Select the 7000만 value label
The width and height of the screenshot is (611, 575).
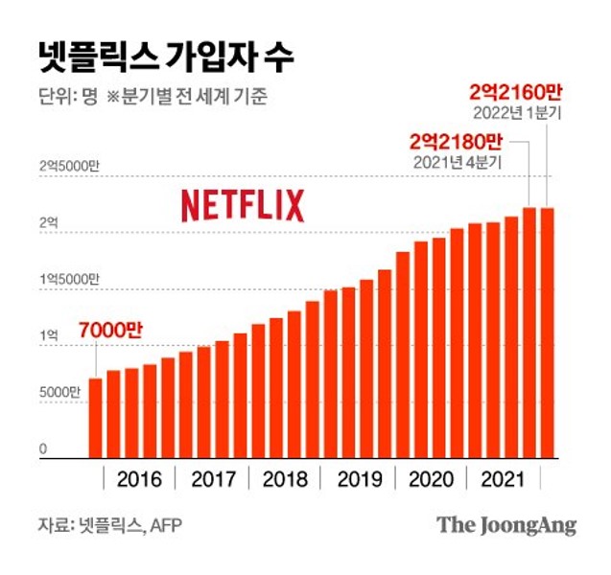pyautogui.click(x=110, y=330)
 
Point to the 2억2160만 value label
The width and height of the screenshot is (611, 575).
pyautogui.click(x=512, y=92)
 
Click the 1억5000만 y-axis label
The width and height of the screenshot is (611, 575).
pyautogui.click(x=69, y=279)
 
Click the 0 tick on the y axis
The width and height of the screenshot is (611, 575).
pyautogui.click(x=43, y=448)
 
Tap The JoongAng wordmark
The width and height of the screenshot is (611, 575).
pyautogui.click(x=506, y=525)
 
